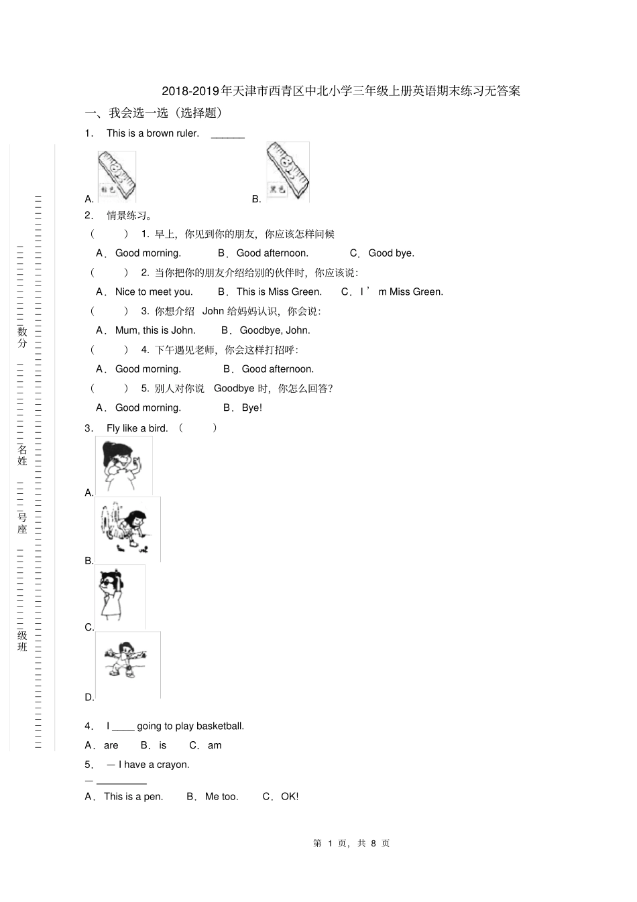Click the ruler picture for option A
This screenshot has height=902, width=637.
tap(117, 176)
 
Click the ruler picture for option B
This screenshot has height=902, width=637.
tap(287, 172)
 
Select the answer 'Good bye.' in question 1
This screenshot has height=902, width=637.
tap(391, 253)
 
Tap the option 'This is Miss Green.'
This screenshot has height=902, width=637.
tap(279, 292)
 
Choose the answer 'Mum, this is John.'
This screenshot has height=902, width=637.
tap(155, 330)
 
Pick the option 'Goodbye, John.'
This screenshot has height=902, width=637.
tap(275, 330)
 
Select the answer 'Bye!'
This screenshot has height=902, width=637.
tap(251, 408)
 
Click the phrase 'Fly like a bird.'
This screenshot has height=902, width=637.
tap(137, 428)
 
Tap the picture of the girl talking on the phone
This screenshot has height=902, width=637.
tap(123, 466)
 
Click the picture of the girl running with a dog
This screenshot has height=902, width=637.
tap(127, 529)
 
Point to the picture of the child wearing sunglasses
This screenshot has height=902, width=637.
tap(119, 596)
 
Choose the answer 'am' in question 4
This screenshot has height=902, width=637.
tap(215, 746)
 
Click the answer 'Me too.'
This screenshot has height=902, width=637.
tap(221, 797)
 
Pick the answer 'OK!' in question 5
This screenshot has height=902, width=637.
tap(290, 797)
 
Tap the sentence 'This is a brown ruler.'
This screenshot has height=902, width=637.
tap(153, 133)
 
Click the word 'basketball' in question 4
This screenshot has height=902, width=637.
tap(219, 726)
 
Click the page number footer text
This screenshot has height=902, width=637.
tap(351, 843)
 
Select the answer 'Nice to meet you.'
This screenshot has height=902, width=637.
tap(154, 292)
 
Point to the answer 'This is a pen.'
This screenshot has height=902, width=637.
tap(133, 797)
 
